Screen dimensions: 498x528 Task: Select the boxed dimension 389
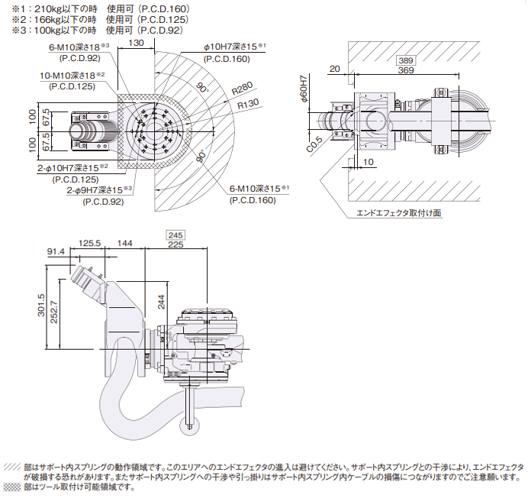tap(406, 60)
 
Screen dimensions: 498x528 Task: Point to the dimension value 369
tap(406, 70)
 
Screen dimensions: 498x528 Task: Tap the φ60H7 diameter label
tap(303, 89)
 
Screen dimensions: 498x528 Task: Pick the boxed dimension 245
tap(175, 234)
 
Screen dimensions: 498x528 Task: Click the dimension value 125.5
tap(91, 244)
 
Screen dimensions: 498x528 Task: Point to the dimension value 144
tap(125, 244)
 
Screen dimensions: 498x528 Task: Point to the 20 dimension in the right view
tap(333, 70)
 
